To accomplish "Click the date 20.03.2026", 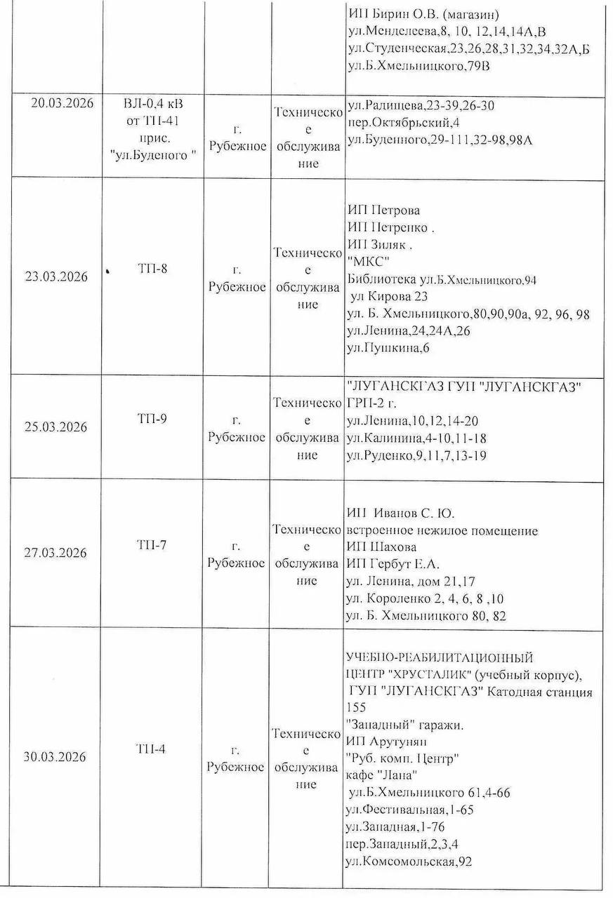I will pos(60,102).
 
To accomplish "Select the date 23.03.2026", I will pos(56,276).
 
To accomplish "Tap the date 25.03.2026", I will pos(56,427).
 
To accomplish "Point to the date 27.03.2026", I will pos(56,553).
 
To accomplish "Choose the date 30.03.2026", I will pos(55,758).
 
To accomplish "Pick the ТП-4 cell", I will pos(152,749).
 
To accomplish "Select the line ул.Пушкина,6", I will pos(388,348).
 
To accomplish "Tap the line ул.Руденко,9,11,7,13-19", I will pos(417,456).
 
